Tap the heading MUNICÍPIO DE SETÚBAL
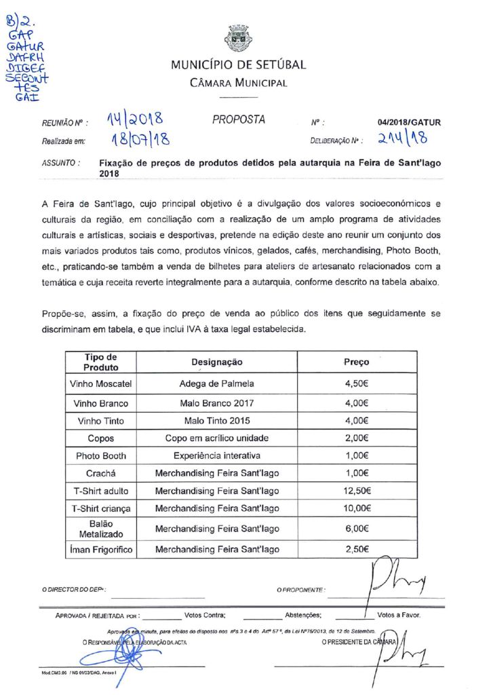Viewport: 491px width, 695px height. point(238,65)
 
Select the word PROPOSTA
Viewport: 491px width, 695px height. point(239,120)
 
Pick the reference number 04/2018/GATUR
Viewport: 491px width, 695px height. point(409,123)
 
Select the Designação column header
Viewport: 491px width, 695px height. point(216,362)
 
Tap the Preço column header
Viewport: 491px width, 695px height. point(357,362)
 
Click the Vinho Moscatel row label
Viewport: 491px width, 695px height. point(100,383)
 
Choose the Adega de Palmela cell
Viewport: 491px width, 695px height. point(216,383)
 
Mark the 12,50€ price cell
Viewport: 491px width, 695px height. point(357,491)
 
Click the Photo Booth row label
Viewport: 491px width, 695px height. point(100,455)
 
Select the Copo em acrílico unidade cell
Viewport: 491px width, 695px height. point(216,438)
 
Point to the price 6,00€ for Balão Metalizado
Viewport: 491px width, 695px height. point(357,529)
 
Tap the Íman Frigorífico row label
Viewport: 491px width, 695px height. point(100,549)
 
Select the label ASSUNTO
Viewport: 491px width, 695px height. point(61,163)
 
